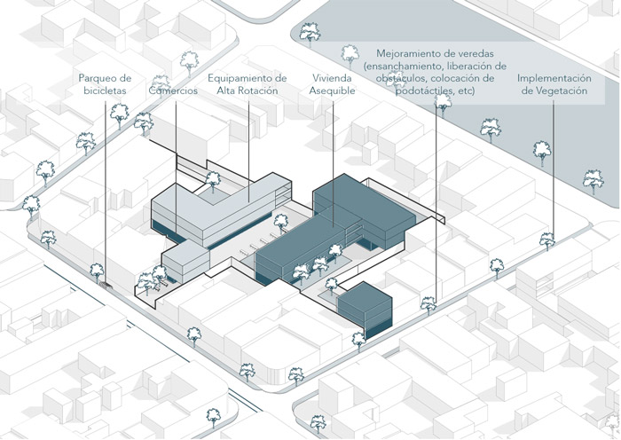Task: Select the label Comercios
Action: (173, 90)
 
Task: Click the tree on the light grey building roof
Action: (213, 180)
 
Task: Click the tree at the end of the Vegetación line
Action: (547, 240)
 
